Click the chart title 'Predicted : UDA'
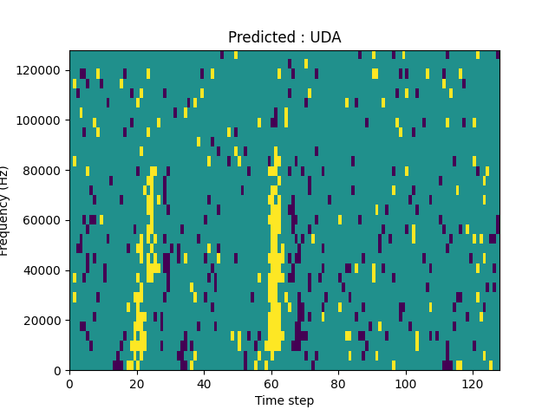tap(284, 37)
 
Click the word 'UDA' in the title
tap(326, 37)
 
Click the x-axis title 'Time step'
tap(284, 400)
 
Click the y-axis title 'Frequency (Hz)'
tap(5, 211)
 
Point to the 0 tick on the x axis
tap(69, 383)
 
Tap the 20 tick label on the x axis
tap(136, 383)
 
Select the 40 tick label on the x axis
tap(204, 383)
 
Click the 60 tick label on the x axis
tap(271, 383)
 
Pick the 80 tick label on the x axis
tap(338, 383)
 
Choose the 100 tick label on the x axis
tap(405, 383)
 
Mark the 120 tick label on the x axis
tap(473, 383)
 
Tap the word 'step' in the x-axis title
tap(300, 400)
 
